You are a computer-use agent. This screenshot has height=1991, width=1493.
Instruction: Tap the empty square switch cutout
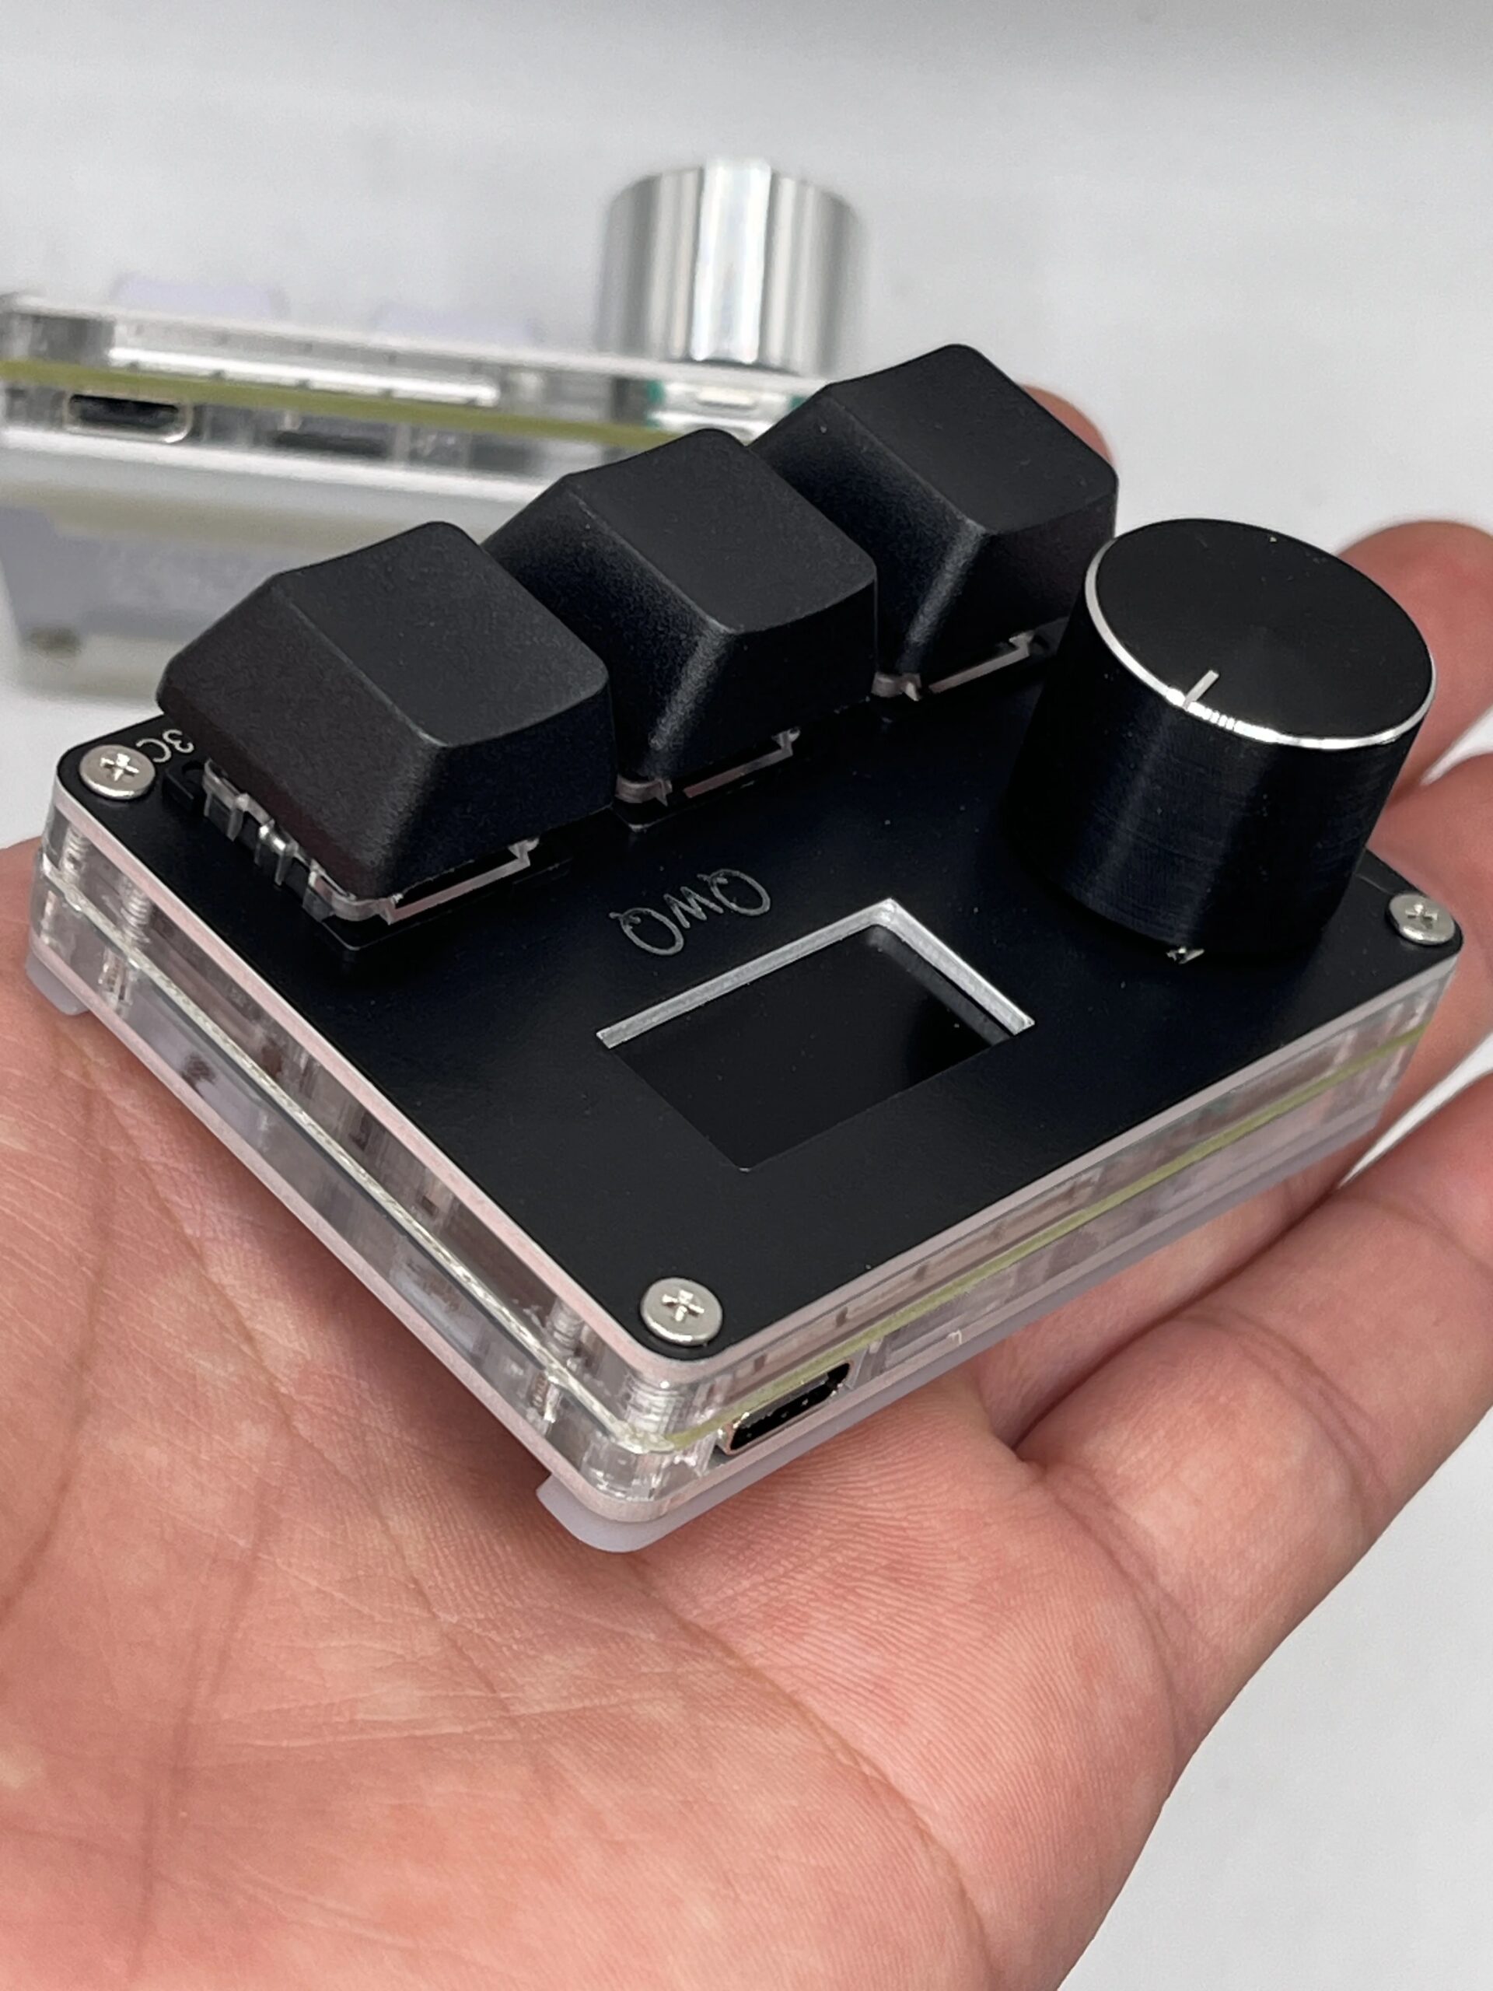coord(810,1044)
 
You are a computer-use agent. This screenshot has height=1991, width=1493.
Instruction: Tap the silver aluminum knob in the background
coord(729,261)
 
